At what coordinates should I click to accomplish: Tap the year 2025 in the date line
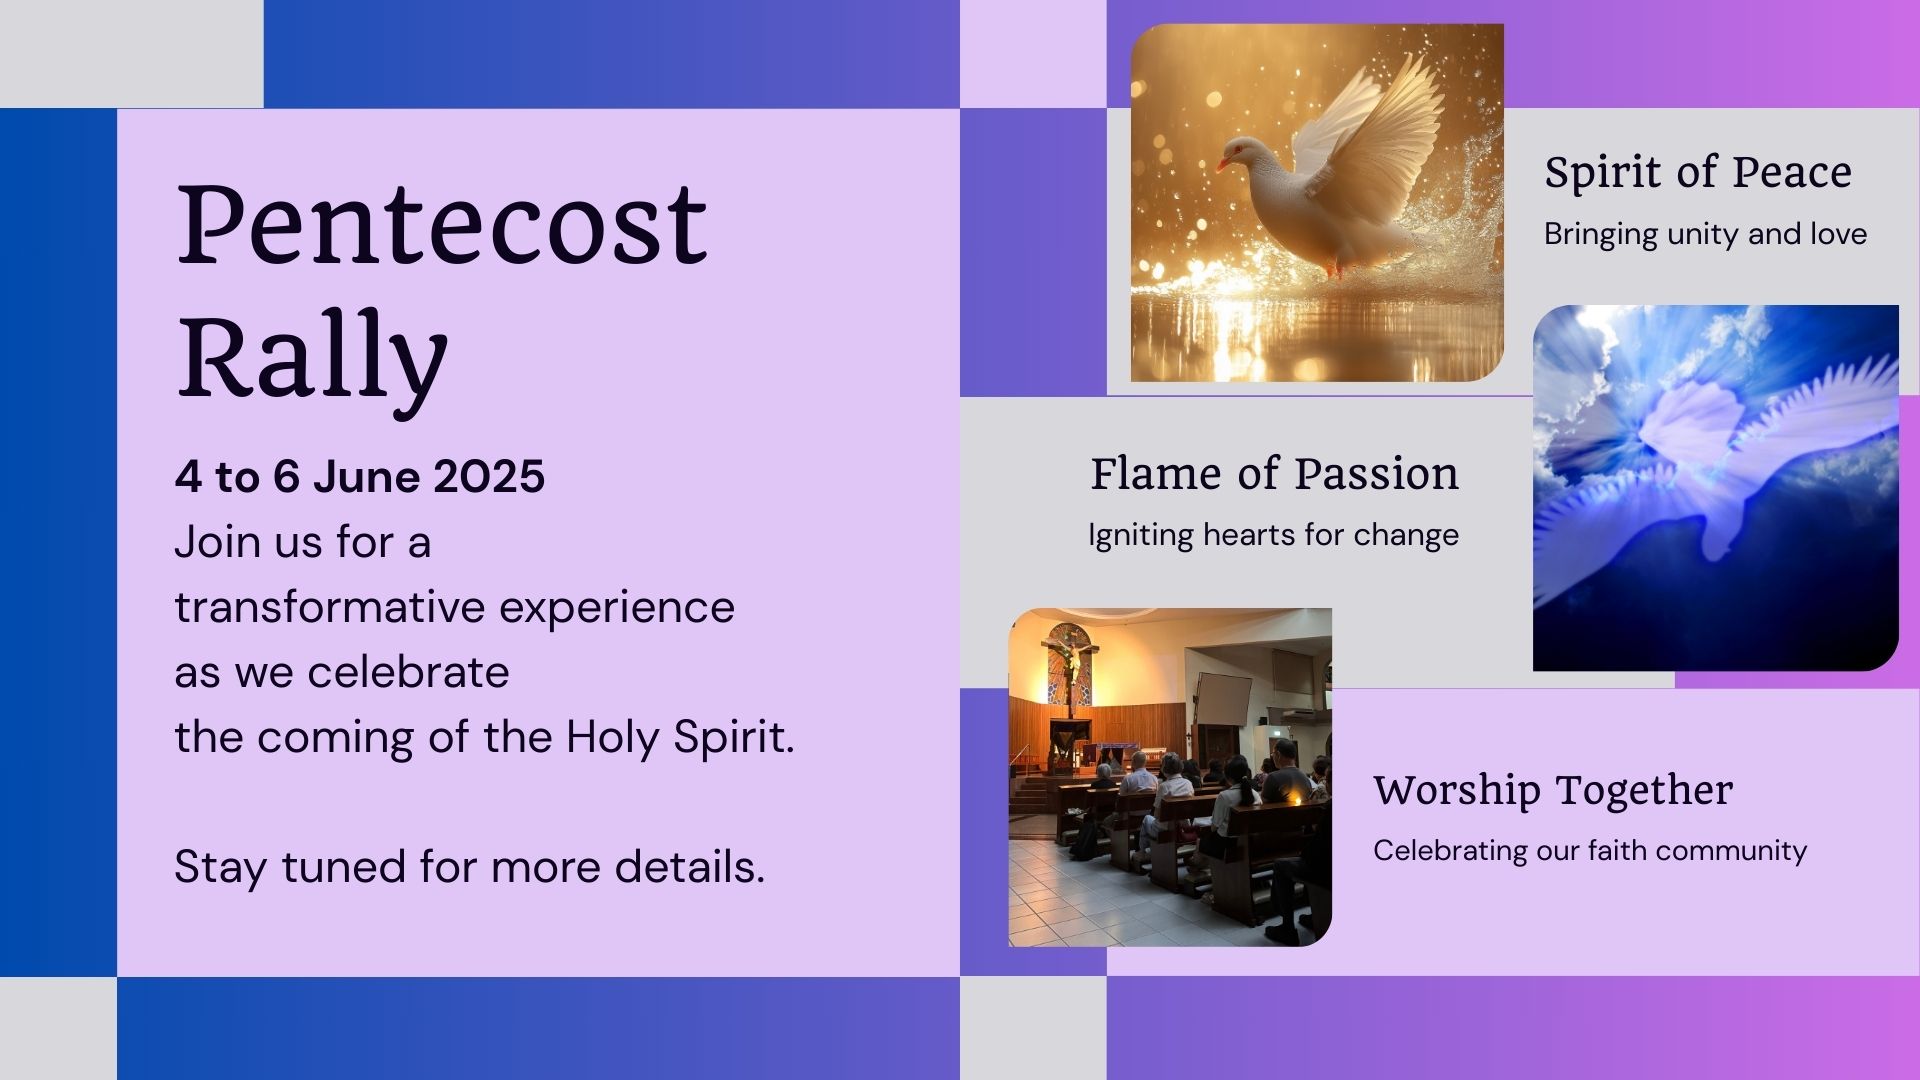489,476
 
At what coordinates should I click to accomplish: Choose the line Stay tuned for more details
469,867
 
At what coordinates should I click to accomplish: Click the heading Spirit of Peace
1698,173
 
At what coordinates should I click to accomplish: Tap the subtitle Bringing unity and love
1705,234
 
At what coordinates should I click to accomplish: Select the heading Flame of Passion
1274,473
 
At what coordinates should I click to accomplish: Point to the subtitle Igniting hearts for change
1273,535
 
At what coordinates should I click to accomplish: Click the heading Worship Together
1553,790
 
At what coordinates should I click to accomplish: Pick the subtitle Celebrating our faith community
1590,851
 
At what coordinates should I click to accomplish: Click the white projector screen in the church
1224,705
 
